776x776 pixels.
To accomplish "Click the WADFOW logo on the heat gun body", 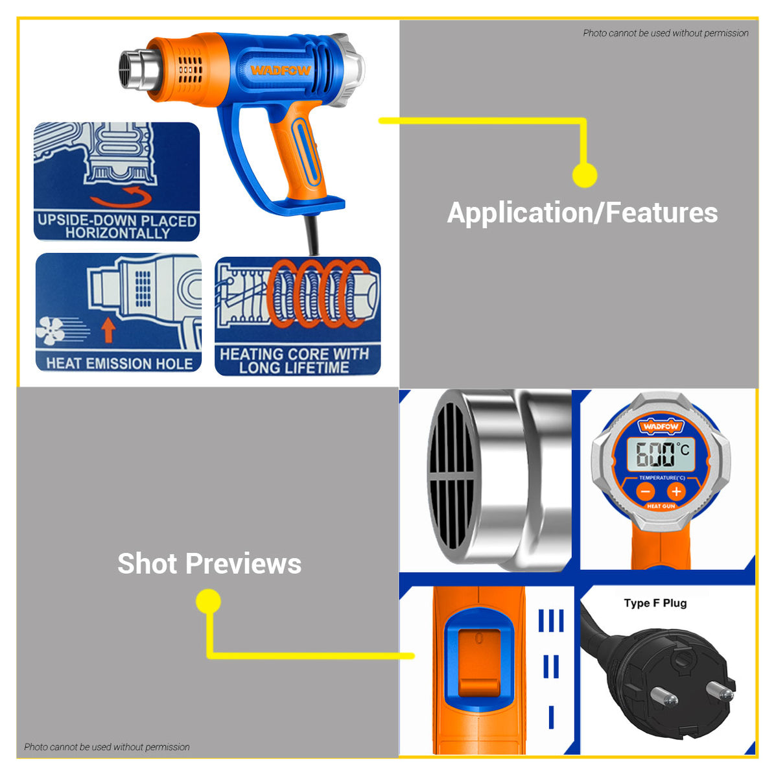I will pyautogui.click(x=281, y=70).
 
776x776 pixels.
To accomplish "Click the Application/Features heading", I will pyautogui.click(x=582, y=213).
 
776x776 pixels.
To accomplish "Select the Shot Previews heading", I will pyautogui.click(x=209, y=563).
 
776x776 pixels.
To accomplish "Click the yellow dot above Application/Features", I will pyautogui.click(x=585, y=175).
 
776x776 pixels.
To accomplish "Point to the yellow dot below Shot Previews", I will pyautogui.click(x=208, y=602).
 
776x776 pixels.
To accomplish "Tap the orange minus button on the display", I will pyautogui.click(x=646, y=491).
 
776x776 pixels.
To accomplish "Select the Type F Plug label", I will pyautogui.click(x=655, y=603).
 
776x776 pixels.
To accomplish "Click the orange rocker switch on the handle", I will pyautogui.click(x=478, y=661).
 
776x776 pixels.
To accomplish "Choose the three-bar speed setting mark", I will pyautogui.click(x=551, y=620).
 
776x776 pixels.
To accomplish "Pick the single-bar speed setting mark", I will pyautogui.click(x=551, y=717).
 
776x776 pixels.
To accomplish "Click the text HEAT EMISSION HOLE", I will pyautogui.click(x=119, y=363).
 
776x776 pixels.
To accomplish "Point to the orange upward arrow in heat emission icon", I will pyautogui.click(x=108, y=330).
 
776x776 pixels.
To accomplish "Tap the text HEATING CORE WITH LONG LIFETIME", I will pyautogui.click(x=294, y=360).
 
